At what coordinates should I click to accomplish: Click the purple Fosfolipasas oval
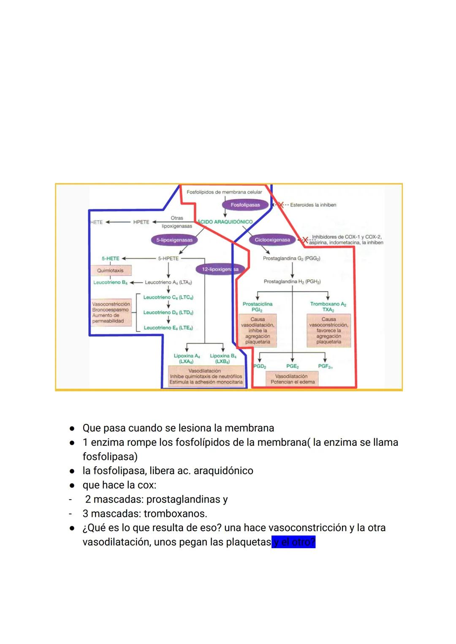coord(245,205)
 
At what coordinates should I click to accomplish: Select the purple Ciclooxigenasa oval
coord(272,240)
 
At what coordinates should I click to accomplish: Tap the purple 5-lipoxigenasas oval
coord(174,240)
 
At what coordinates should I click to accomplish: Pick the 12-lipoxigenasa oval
coord(220,269)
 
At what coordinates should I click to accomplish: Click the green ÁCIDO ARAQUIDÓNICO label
coord(225,222)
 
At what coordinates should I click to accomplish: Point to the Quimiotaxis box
coord(110,270)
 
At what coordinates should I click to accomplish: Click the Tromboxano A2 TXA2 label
coord(328,307)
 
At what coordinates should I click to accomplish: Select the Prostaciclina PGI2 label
coord(257,307)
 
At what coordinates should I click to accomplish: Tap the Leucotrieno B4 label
coord(110,282)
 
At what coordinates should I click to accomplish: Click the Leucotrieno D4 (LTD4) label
coord(168,312)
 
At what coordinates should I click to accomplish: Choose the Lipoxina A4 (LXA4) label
coord(187,359)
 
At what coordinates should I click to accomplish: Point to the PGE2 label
coord(292,366)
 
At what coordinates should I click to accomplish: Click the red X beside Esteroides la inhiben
coord(280,204)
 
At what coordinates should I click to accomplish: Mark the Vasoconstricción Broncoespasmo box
coord(111,312)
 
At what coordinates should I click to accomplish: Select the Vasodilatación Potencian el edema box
coord(293,379)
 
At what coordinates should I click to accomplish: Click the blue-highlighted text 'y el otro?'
coord(294,542)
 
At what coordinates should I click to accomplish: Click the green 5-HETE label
coord(110,258)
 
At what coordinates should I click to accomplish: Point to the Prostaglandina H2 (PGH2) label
coord(292,282)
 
